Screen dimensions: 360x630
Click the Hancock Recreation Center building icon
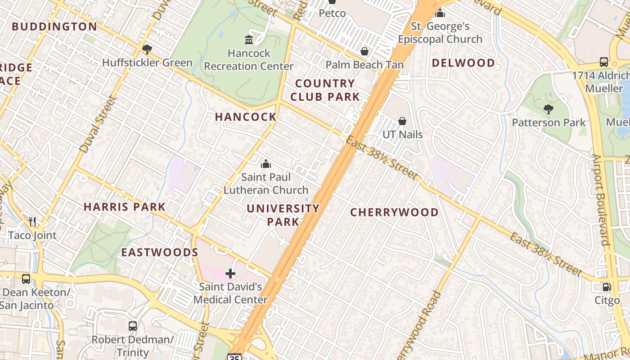(249, 40)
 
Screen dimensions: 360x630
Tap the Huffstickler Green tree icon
(147, 49)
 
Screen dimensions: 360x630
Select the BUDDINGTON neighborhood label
(54, 27)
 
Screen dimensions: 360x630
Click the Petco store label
(332, 13)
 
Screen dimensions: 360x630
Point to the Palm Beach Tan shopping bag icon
(364, 51)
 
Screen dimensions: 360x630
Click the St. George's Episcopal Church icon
(440, 13)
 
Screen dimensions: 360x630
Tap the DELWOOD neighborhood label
(463, 63)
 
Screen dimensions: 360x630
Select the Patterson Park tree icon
(548, 109)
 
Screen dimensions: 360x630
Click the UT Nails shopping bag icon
(402, 121)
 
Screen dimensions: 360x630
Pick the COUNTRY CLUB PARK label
(325, 90)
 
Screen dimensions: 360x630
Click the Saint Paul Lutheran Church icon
(266, 164)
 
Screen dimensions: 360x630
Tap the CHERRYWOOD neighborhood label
(394, 212)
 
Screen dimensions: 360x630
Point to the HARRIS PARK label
(125, 207)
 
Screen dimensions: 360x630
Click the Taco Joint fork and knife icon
(32, 221)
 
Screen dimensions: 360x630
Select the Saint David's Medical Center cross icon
(230, 273)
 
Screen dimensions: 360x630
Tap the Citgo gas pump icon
(607, 287)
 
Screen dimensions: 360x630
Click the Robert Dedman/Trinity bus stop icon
(132, 326)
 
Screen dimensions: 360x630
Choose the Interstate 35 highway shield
(234, 357)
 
